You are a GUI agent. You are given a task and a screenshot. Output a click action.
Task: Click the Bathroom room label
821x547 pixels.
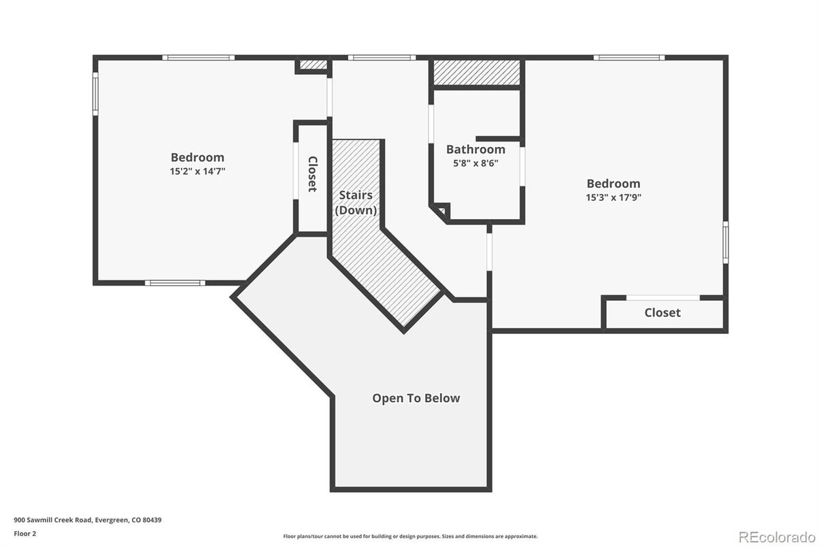[x=475, y=149]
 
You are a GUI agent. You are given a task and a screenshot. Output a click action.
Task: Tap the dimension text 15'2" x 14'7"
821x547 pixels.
[x=197, y=171]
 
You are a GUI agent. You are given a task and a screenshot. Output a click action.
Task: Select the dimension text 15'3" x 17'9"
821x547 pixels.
[x=614, y=197]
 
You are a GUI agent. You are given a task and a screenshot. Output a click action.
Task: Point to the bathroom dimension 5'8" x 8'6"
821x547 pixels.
[x=475, y=163]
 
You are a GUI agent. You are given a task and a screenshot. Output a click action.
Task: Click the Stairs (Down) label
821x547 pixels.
[x=356, y=203]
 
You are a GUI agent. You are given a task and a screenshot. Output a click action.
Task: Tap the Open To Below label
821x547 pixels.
[x=416, y=398]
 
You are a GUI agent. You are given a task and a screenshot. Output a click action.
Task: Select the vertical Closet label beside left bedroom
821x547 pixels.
[x=312, y=174]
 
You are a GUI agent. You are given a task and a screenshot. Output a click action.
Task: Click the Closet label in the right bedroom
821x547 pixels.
[x=662, y=312]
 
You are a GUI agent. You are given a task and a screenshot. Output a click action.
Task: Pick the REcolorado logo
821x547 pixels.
[x=776, y=536]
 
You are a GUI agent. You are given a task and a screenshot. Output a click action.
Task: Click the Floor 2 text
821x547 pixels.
[x=24, y=533]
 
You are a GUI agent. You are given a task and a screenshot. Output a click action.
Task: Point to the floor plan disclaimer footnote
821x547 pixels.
[x=410, y=536]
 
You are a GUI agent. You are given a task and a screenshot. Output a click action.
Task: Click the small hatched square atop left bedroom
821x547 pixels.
[x=313, y=65]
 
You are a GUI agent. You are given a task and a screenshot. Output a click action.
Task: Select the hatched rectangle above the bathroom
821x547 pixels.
[x=477, y=72]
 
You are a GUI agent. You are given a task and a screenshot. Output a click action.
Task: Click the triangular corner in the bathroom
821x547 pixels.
[x=440, y=212]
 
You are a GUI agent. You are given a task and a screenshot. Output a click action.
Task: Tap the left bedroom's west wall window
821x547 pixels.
[x=95, y=94]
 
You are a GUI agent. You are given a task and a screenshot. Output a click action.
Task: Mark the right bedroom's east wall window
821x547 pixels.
[x=725, y=242]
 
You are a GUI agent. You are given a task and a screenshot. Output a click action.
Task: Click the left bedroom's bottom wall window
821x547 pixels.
[x=175, y=282]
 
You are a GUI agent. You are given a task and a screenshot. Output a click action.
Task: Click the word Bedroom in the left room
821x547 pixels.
[x=197, y=157]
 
